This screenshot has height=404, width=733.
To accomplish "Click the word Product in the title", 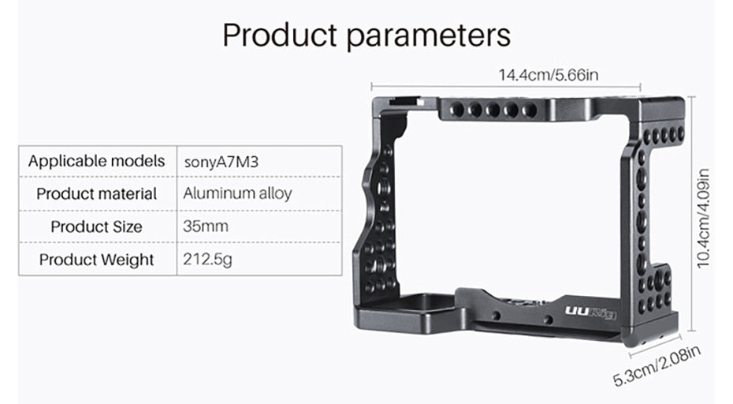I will click(x=278, y=36).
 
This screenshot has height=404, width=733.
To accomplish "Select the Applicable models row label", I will click(x=97, y=161).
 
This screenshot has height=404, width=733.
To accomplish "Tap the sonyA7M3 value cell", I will click(x=221, y=162).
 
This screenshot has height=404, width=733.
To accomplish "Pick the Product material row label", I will click(x=97, y=194).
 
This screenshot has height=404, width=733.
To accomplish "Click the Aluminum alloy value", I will click(x=237, y=194).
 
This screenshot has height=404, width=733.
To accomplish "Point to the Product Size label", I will click(x=97, y=227).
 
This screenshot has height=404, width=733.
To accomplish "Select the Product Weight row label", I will click(x=97, y=260).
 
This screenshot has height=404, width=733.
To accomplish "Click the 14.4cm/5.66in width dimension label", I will click(x=549, y=76).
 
